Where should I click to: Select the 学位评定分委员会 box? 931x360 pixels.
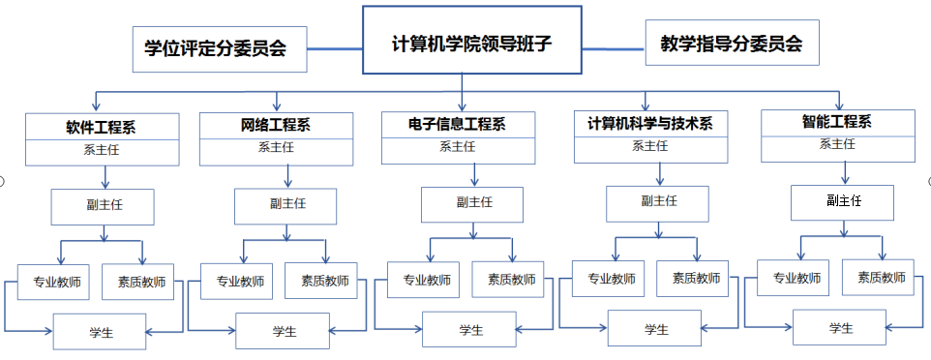pyautogui.click(x=219, y=48)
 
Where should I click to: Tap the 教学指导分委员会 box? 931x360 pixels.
pyautogui.click(x=731, y=44)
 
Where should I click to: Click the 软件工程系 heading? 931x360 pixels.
pyautogui.click(x=102, y=127)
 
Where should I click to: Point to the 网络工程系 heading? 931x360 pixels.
pyautogui.click(x=275, y=125)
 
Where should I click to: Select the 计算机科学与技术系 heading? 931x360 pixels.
pyautogui.click(x=649, y=123)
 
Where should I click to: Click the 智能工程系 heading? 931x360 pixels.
pyautogui.click(x=836, y=122)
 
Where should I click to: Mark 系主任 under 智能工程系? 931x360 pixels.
pyautogui.click(x=836, y=144)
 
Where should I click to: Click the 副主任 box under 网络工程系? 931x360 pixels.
pyautogui.click(x=285, y=205)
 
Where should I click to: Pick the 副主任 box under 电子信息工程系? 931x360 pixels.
pyautogui.click(x=472, y=203)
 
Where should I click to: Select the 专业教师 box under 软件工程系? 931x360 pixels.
pyautogui.click(x=54, y=283)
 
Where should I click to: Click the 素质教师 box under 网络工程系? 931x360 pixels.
pyautogui.click(x=321, y=281)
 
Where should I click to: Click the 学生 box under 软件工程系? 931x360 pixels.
pyautogui.click(x=100, y=332)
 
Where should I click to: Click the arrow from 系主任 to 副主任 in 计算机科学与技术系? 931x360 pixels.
pyautogui.click(x=660, y=174)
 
